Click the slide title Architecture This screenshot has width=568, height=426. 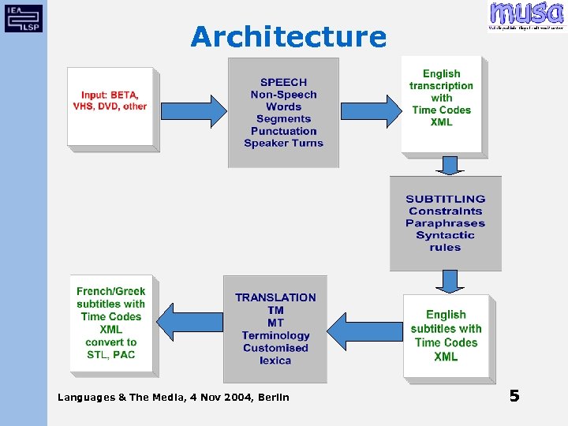pyautogui.click(x=288, y=36)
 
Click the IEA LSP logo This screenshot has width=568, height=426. pyautogui.click(x=24, y=17)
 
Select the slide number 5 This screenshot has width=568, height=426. pyautogui.click(x=514, y=395)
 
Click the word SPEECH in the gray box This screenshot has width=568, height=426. pyautogui.click(x=283, y=82)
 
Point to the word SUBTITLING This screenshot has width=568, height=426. pyautogui.click(x=445, y=199)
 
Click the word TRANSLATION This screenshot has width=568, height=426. pyautogui.click(x=275, y=297)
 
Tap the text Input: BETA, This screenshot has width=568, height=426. pyautogui.click(x=110, y=94)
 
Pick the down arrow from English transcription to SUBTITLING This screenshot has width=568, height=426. pyautogui.click(x=449, y=165)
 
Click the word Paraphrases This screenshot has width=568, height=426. pyautogui.click(x=445, y=223)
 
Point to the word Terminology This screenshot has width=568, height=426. pyautogui.click(x=275, y=335)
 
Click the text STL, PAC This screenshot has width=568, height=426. pyautogui.click(x=110, y=354)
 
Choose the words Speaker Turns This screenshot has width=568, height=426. pyautogui.click(x=283, y=143)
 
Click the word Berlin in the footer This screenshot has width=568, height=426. pyautogui.click(x=271, y=397)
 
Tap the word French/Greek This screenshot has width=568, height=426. pyautogui.click(x=110, y=291)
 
